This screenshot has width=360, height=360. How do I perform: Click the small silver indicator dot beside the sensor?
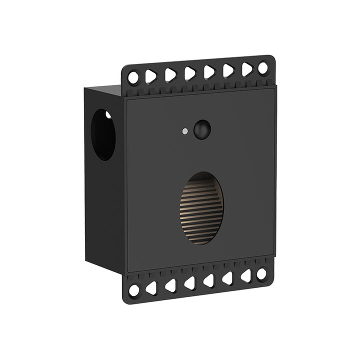coord(185,131)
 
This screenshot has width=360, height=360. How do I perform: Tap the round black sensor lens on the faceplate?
coord(202,129)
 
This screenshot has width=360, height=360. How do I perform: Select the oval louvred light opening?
coord(201,208)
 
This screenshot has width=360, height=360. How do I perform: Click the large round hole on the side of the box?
coord(103,134)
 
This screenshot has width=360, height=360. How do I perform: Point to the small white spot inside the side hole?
coord(108,115)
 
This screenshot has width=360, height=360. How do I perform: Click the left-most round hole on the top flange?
coord(133,77)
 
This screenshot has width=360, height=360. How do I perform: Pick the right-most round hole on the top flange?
coord(263,68)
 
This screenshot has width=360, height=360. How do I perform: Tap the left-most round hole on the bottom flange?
coord(134,290)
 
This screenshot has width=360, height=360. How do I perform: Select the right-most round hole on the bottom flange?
coord(261,274)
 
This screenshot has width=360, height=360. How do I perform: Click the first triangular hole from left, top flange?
coord(151,76)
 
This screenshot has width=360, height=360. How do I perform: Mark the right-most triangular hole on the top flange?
coord(247,69)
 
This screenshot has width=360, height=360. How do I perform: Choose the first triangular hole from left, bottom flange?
coord(151,288)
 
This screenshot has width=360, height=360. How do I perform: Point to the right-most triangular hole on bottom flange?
coord(246,276)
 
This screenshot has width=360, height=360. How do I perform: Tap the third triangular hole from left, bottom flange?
coord(189,283)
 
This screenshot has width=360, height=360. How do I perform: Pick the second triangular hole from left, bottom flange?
coord(170,285)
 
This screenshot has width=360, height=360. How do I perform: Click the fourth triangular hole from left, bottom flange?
coord(208,280)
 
